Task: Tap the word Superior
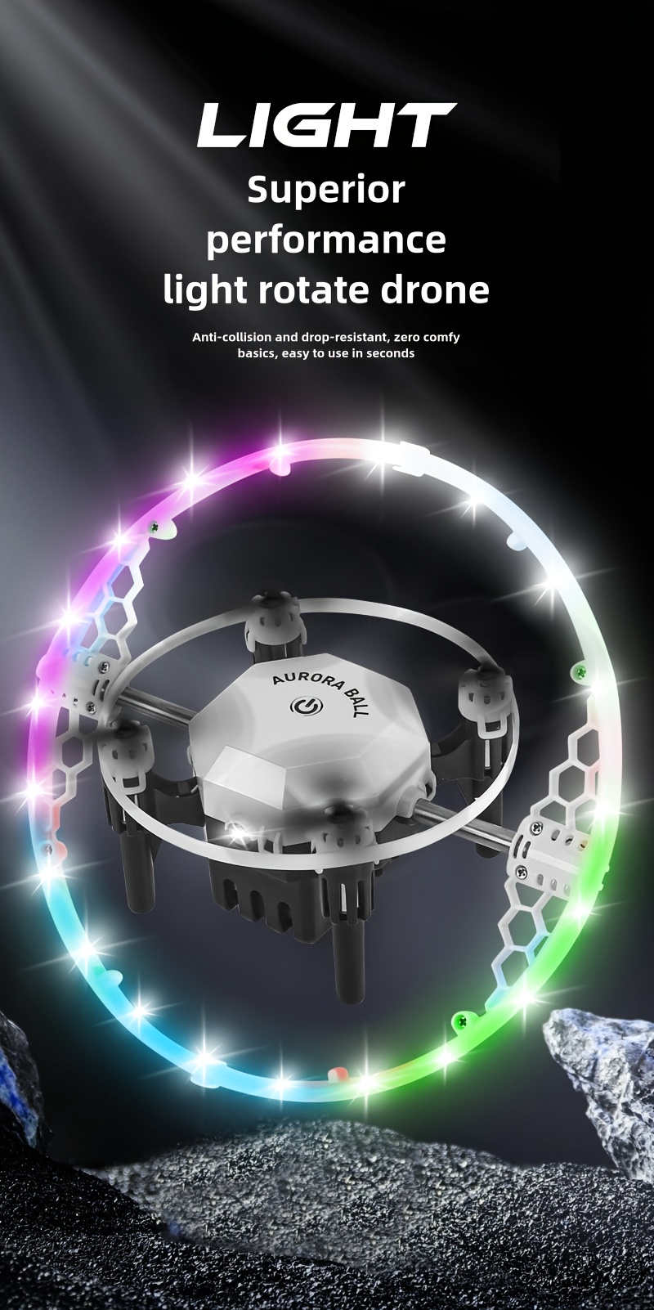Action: [326, 191]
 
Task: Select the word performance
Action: [326, 240]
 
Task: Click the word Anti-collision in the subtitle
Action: [233, 337]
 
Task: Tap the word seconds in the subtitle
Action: [390, 353]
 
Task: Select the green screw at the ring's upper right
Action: [582, 672]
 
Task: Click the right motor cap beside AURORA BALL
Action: [478, 687]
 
